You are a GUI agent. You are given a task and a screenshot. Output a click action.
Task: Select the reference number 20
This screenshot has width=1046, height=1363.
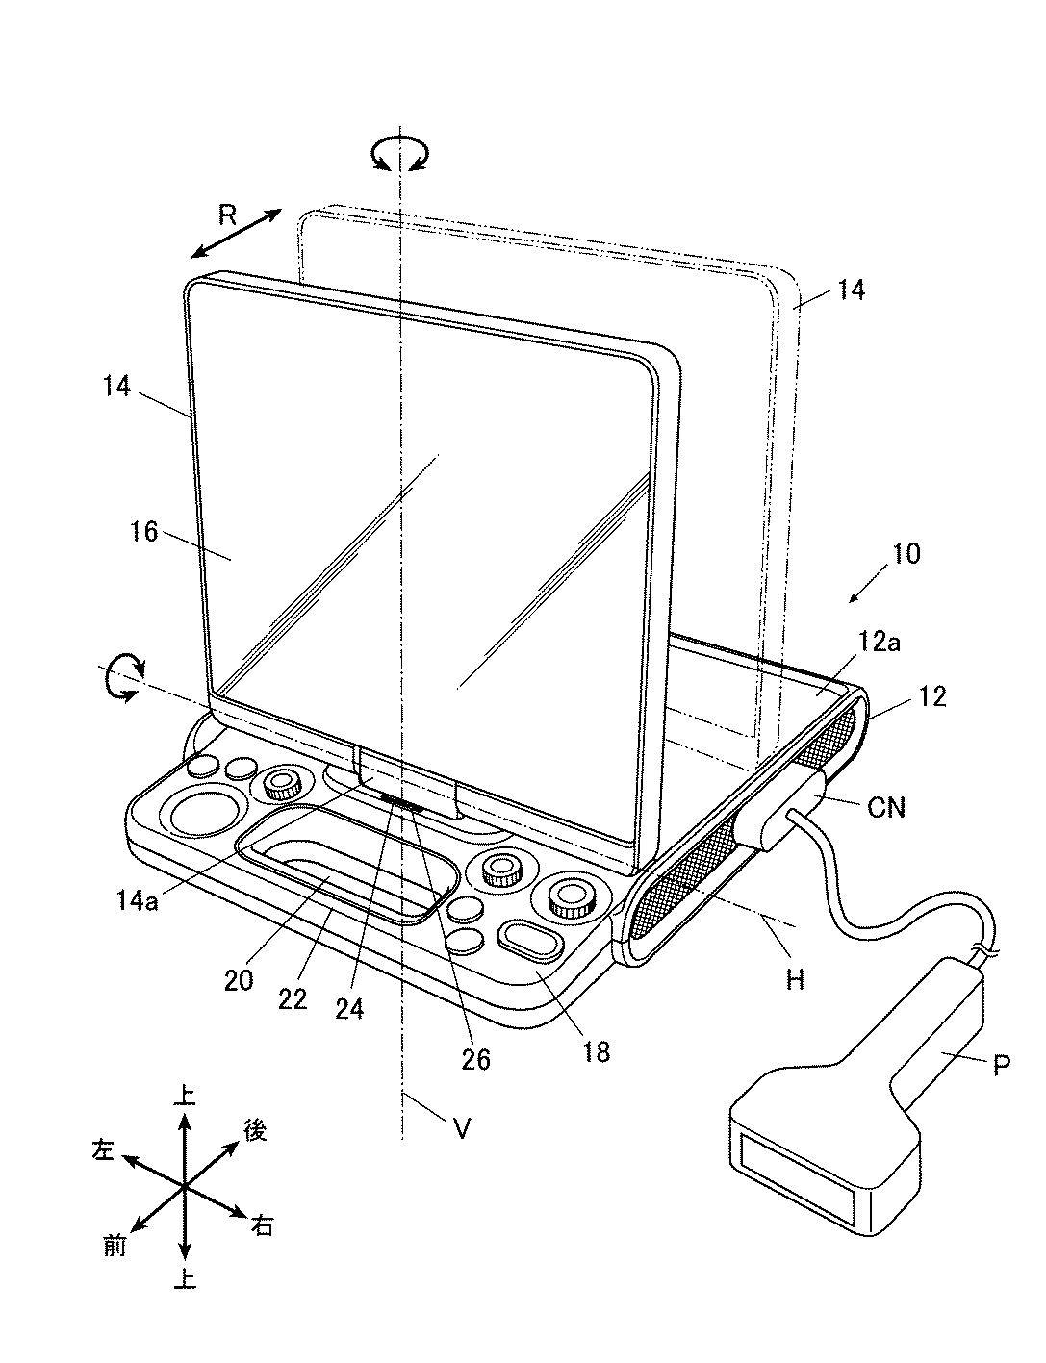[240, 979]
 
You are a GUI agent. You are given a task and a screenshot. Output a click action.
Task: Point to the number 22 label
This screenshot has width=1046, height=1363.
[293, 998]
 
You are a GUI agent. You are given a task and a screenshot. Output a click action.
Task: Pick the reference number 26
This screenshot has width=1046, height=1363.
[475, 1059]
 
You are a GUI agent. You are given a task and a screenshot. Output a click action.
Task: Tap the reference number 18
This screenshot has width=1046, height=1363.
[597, 1051]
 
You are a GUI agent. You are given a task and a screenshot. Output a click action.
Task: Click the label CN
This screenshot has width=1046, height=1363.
[886, 807]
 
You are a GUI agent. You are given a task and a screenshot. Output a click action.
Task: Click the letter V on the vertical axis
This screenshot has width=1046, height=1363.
[462, 1127]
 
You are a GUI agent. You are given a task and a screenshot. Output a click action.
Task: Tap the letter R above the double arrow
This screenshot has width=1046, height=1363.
[226, 215]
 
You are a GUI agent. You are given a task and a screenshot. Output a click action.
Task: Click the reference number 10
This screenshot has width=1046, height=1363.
[906, 553]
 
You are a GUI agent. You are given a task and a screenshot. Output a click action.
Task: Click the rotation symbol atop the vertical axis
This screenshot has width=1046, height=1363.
[402, 154]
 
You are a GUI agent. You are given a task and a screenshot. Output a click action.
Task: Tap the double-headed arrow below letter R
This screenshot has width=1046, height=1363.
[236, 234]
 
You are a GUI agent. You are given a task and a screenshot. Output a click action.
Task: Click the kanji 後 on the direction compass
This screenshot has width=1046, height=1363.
[254, 1131]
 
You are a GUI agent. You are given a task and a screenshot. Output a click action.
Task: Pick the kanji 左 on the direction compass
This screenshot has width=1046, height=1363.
[103, 1149]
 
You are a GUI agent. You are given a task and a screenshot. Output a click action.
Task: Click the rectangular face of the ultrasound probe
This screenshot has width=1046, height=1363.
[795, 1175]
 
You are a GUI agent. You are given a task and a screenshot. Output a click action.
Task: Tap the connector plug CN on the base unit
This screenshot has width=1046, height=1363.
[781, 813]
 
